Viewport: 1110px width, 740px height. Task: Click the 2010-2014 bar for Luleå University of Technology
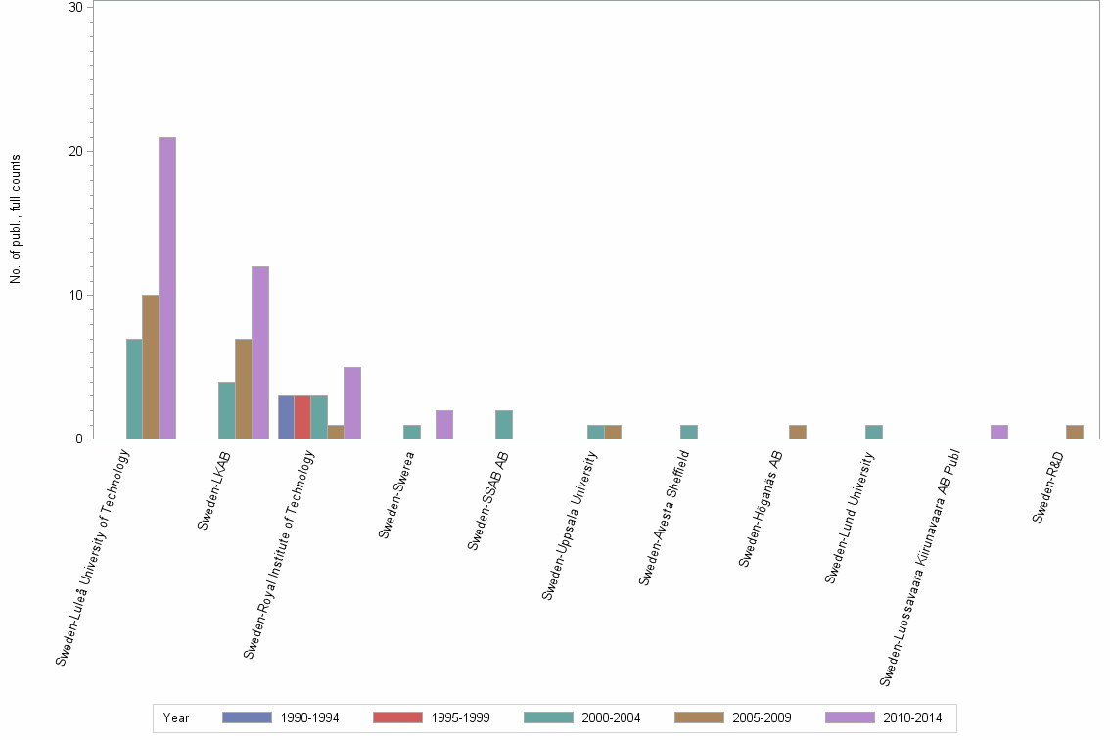coord(167,288)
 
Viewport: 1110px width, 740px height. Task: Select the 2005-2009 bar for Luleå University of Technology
coord(151,367)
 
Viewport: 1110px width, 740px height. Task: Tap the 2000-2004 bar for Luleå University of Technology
coord(134,389)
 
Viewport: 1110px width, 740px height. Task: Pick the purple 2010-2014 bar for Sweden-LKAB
coord(259,352)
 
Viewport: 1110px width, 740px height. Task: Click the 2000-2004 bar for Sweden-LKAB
coord(226,410)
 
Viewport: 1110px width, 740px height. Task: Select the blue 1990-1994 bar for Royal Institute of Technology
coord(286,417)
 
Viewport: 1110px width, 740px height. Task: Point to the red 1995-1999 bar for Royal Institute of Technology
coord(302,417)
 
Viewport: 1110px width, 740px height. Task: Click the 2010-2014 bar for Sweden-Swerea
coord(444,425)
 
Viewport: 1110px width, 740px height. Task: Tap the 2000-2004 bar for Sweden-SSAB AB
coord(504,425)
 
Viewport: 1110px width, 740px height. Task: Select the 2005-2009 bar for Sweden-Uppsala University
coord(613,432)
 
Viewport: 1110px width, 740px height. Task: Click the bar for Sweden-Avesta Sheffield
coord(688,432)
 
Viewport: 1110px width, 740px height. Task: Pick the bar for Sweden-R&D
coord(1074,432)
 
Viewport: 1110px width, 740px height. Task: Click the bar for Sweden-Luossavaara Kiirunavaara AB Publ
coord(998,432)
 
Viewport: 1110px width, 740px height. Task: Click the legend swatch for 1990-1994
coord(247,717)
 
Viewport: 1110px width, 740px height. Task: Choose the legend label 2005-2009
coord(762,718)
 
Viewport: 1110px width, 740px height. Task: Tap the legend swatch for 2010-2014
coord(850,717)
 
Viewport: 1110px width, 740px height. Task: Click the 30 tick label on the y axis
coord(75,8)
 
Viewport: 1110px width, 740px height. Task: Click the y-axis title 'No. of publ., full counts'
coord(16,219)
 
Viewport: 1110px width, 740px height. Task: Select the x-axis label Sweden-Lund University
coord(850,516)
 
